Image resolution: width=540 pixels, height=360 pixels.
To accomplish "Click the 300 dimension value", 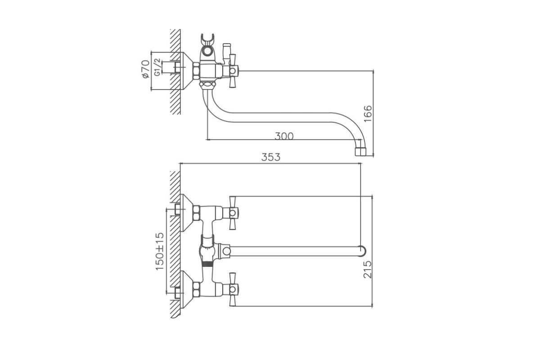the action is click(284, 136).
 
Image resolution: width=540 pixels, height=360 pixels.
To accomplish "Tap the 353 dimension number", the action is click(271, 157).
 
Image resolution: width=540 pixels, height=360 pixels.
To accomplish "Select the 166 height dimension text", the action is click(368, 113).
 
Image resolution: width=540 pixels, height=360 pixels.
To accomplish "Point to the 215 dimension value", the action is click(368, 270).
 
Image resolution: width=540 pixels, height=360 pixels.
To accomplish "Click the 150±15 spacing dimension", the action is click(160, 251).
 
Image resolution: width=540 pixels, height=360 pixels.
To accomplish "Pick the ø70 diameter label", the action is click(145, 69).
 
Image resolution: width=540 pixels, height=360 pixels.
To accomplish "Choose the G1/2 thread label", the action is click(157, 67).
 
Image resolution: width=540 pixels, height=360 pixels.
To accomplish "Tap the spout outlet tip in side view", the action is click(360, 152).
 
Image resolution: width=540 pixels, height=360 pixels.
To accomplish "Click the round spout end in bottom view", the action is click(362, 251).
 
